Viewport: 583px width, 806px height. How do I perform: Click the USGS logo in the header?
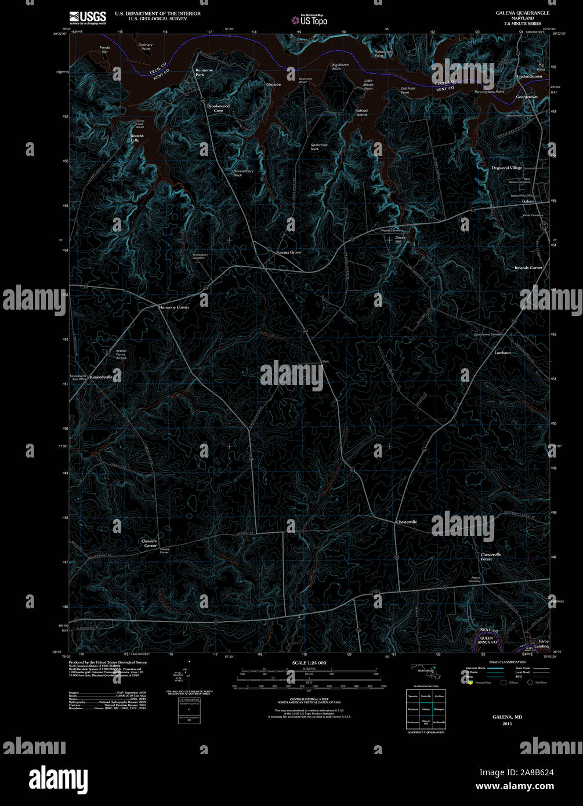[87, 17]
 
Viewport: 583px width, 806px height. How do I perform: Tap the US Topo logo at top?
[310, 20]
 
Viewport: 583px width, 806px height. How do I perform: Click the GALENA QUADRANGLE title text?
[522, 13]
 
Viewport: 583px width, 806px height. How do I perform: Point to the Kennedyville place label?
[101, 377]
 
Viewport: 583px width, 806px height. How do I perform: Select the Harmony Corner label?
[174, 307]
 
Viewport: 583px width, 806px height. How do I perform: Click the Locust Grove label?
[289, 253]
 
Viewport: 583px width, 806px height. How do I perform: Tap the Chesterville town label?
[406, 522]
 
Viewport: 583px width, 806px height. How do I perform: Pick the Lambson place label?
[502, 353]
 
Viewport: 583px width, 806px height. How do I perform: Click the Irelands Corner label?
[528, 268]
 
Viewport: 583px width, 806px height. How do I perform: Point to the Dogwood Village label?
[507, 168]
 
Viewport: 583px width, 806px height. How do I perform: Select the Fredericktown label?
[529, 77]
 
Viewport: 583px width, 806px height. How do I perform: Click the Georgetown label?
[527, 97]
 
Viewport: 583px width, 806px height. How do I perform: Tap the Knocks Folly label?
[135, 138]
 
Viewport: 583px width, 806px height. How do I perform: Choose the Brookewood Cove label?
[219, 108]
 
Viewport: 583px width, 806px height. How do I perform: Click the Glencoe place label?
[273, 85]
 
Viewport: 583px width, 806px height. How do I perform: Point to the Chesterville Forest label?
[491, 557]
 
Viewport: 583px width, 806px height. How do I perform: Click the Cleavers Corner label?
[149, 543]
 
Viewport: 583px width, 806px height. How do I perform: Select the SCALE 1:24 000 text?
[309, 663]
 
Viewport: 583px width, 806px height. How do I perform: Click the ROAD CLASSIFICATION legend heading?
[507, 662]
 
